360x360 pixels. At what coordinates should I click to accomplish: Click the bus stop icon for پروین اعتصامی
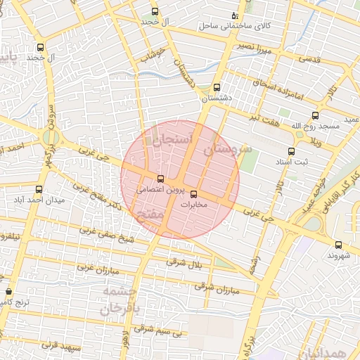161,179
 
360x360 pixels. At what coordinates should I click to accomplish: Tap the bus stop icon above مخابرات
194,194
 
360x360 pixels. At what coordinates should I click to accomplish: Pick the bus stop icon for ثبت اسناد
291,151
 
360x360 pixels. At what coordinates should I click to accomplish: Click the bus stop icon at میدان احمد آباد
39,189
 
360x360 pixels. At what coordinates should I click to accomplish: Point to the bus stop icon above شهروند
339,245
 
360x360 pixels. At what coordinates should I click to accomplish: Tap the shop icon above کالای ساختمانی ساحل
234,15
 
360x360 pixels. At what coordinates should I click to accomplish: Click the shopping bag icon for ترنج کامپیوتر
8,291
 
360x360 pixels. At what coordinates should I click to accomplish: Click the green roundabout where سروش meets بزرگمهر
50,137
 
